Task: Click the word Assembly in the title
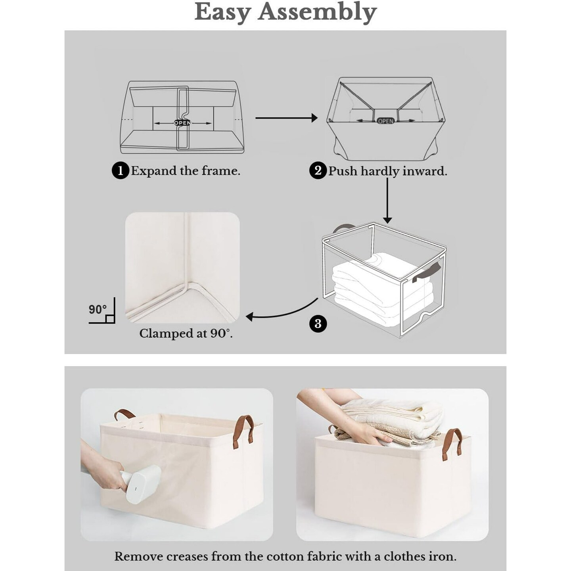[317, 12]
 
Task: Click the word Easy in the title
[222, 12]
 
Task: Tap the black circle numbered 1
[120, 171]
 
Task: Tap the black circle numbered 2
[318, 171]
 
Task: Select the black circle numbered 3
[318, 324]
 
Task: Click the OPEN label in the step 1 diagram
[182, 123]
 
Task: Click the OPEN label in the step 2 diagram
[385, 121]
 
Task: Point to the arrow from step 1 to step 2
[286, 118]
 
